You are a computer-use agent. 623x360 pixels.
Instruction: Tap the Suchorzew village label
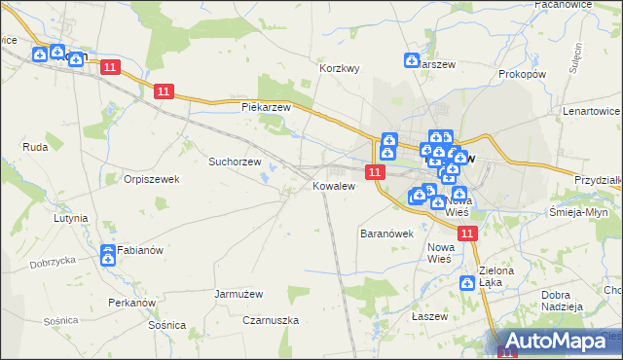pyautogui.click(x=235, y=162)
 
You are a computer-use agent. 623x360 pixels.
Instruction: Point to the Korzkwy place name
pyautogui.click(x=341, y=69)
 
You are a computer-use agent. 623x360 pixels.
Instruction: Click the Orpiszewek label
pyautogui.click(x=151, y=179)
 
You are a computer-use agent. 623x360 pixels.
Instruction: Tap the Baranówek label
pyautogui.click(x=387, y=234)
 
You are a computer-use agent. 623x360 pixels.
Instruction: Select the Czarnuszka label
pyautogui.click(x=272, y=320)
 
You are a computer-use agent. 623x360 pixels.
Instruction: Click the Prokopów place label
pyautogui.click(x=521, y=74)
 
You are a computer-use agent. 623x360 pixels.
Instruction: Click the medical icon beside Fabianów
pyautogui.click(x=107, y=255)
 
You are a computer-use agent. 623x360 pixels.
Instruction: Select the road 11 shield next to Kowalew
pyautogui.click(x=374, y=171)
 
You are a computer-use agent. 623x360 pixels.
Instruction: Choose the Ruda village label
pyautogui.click(x=35, y=147)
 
